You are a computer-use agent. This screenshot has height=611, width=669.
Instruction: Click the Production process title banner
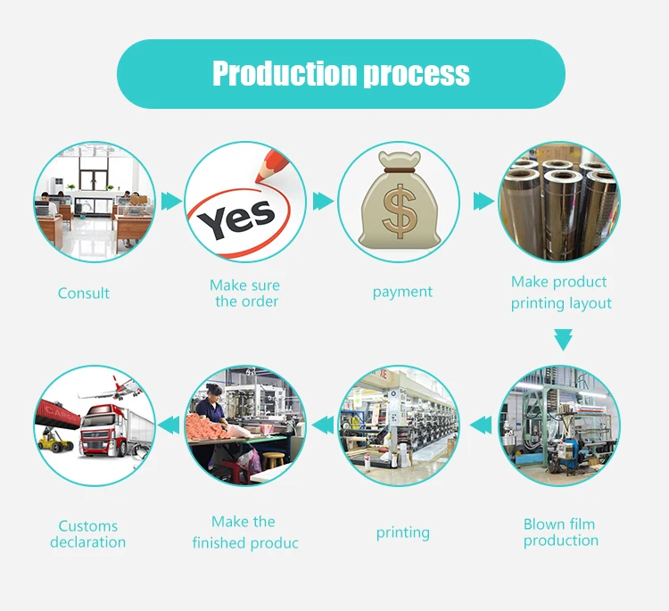[341, 74]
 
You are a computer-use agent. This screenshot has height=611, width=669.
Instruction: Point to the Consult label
[84, 293]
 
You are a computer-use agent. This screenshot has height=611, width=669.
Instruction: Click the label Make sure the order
[245, 293]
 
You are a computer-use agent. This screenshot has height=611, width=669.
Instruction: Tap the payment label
[402, 293]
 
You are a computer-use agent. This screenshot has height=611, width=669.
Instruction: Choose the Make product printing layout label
[561, 293]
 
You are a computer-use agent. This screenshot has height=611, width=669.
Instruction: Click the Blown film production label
[560, 533]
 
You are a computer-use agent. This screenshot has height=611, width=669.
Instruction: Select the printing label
[402, 533]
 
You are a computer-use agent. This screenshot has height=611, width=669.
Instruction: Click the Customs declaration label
[87, 534]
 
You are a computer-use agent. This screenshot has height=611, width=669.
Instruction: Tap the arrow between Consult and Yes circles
[170, 202]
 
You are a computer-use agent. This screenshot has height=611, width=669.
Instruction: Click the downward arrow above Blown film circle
[562, 340]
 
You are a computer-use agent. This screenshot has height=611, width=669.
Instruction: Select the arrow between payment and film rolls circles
[483, 202]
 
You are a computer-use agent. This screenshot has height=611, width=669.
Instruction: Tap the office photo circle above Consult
[94, 201]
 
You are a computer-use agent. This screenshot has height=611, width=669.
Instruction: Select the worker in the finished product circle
[211, 419]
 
